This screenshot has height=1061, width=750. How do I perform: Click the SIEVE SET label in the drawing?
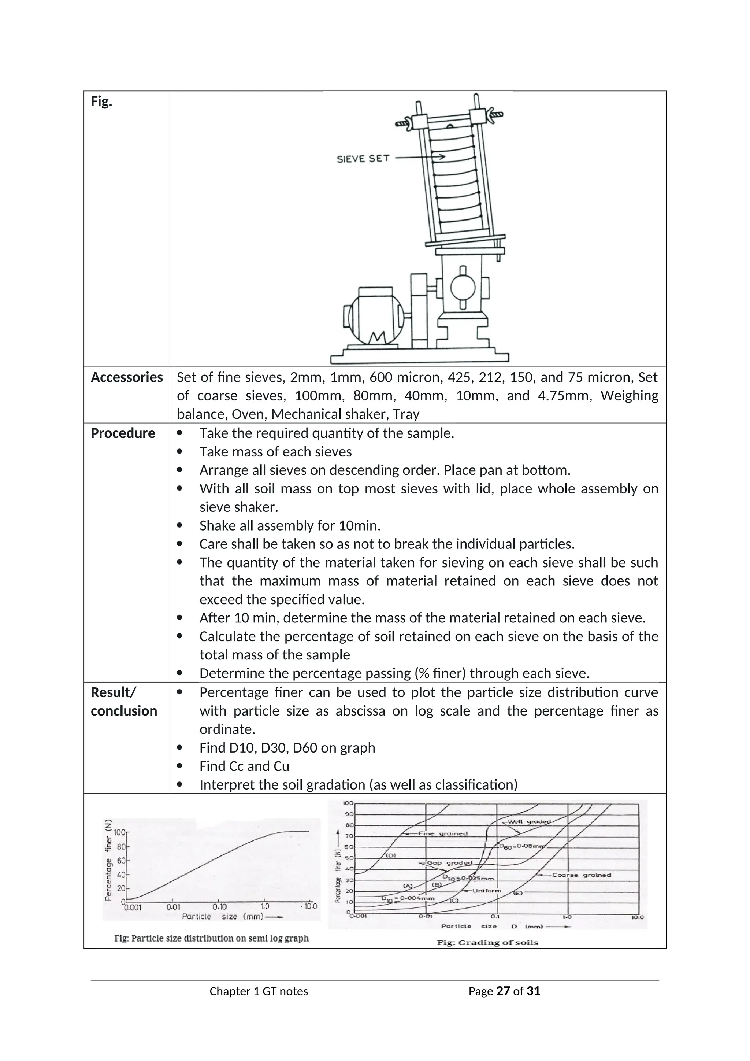pyautogui.click(x=363, y=159)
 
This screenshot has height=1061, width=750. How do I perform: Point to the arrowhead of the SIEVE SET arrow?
pyautogui.click(x=442, y=157)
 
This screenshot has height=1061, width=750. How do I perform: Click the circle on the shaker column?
pyautogui.click(x=463, y=288)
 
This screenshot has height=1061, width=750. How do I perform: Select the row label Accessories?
pyautogui.click(x=127, y=378)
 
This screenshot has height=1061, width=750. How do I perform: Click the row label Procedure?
pyautogui.click(x=123, y=433)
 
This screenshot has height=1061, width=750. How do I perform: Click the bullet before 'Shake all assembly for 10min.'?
pyautogui.click(x=180, y=526)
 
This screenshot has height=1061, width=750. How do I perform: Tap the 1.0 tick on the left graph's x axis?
pyautogui.click(x=265, y=907)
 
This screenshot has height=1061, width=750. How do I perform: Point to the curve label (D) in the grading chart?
pyautogui.click(x=391, y=855)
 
